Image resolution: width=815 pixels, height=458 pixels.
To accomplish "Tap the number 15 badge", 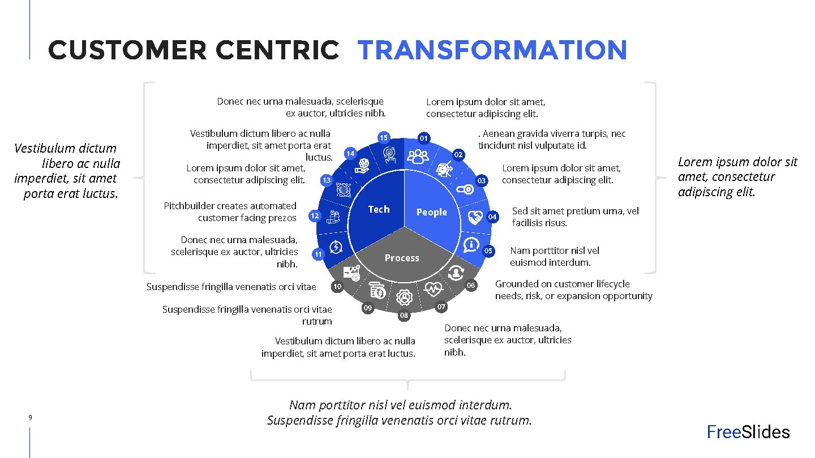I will click(x=384, y=137).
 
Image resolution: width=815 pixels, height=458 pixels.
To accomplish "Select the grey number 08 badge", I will click(x=404, y=316).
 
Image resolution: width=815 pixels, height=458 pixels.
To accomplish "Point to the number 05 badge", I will click(x=488, y=250).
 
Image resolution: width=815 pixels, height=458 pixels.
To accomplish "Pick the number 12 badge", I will click(x=315, y=216).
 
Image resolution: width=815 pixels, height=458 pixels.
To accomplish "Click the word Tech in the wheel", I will click(x=379, y=209).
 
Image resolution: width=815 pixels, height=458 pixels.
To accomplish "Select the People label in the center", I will click(x=431, y=212).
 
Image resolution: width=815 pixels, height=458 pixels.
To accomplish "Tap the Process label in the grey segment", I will click(x=402, y=258).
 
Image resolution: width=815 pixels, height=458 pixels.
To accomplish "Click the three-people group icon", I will click(x=418, y=156).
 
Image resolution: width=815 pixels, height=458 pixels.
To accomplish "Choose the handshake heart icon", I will click(x=475, y=217).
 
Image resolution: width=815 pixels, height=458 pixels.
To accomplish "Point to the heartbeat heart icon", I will click(x=434, y=290).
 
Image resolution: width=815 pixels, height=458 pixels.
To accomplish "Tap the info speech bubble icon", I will click(x=471, y=245).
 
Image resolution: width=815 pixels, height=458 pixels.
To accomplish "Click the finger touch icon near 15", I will click(x=389, y=154).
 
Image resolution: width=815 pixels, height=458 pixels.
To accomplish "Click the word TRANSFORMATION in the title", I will click(x=492, y=50).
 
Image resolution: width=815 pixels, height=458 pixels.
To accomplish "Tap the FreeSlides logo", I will click(x=748, y=432).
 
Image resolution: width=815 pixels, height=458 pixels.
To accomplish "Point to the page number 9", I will click(x=30, y=417).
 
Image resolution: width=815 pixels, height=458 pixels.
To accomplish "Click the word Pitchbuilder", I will click(x=190, y=206).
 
